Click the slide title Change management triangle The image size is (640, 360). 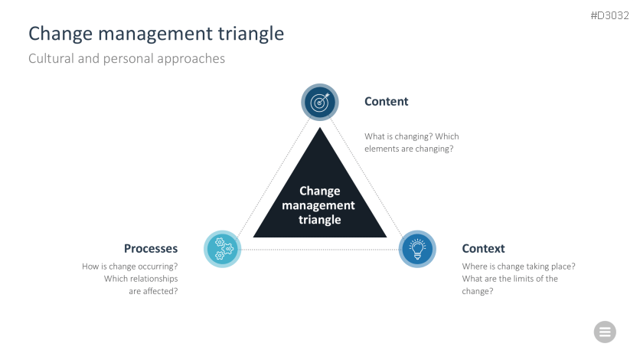tap(156, 34)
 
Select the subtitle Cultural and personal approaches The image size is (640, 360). tap(126, 58)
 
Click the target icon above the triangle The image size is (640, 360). tap(319, 102)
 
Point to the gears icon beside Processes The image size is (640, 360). tap(223, 249)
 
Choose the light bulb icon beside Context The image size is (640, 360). tap(417, 249)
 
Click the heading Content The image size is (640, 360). tap(386, 102)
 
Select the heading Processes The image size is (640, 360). tap(151, 249)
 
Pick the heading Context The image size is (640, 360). tap(483, 249)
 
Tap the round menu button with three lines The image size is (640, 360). tap(605, 332)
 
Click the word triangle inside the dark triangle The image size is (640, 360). tap(319, 220)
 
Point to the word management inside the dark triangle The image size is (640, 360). tap(318, 205)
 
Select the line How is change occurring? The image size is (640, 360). tap(129, 267)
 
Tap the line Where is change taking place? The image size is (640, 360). tap(518, 267)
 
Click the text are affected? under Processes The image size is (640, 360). tap(153, 291)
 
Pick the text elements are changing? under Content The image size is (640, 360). tap(409, 149)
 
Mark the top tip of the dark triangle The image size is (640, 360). tap(320, 129)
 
